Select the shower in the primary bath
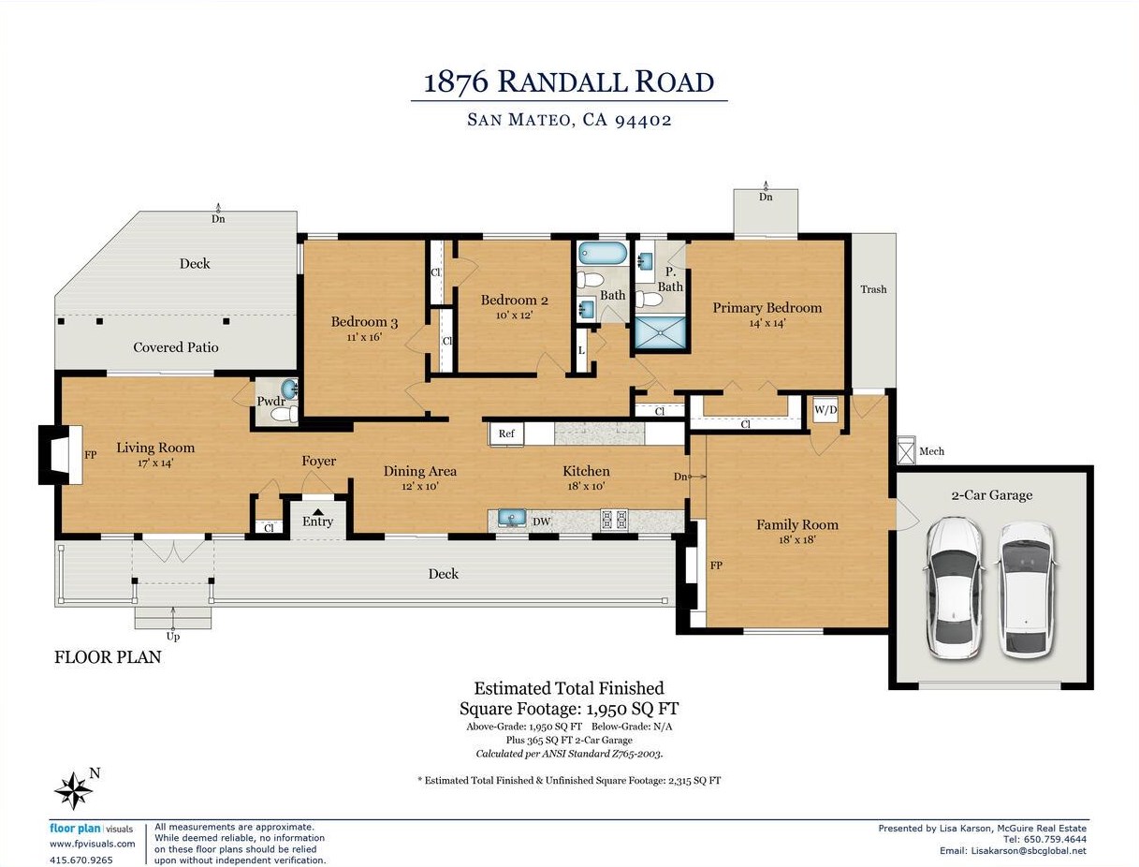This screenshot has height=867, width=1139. pyautogui.click(x=660, y=332)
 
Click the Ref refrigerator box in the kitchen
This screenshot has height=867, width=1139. pyautogui.click(x=507, y=433)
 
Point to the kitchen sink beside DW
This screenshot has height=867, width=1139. pyautogui.click(x=511, y=520)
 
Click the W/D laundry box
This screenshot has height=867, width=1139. pyautogui.click(x=825, y=410)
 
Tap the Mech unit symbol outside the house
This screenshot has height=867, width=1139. pyautogui.click(x=905, y=451)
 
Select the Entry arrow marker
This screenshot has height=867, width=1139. pyautogui.click(x=318, y=512)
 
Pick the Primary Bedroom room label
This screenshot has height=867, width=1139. pyautogui.click(x=767, y=308)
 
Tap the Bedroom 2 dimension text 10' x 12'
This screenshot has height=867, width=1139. pyautogui.click(x=514, y=316)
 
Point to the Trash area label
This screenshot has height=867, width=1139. pyautogui.click(x=872, y=289)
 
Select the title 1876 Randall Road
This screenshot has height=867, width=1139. pyautogui.click(x=569, y=81)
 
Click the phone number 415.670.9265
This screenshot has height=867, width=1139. pyautogui.click(x=81, y=860)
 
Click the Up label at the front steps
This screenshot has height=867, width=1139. pyautogui.click(x=173, y=637)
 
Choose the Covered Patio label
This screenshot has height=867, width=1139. pyautogui.click(x=176, y=347)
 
